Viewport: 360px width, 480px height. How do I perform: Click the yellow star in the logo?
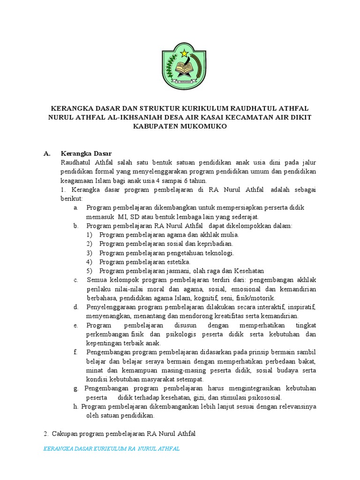pyautogui.click(x=183, y=52)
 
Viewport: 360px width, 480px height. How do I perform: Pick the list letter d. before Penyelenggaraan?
pyautogui.click(x=75, y=307)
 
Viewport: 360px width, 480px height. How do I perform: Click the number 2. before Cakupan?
pyautogui.click(x=46, y=434)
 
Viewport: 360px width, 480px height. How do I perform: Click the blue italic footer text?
pyautogui.click(x=111, y=449)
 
